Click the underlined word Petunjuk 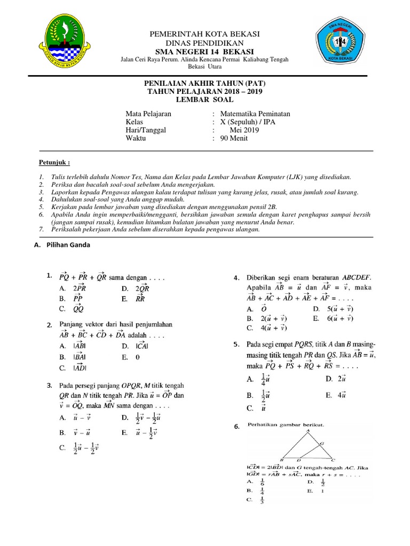pyautogui.click(x=54, y=162)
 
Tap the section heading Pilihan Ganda pyautogui.click(x=67, y=245)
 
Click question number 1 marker pyautogui.click(x=49, y=276)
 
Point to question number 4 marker pyautogui.click(x=236, y=278)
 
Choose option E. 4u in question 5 pyautogui.click(x=336, y=395)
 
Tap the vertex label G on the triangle pyautogui.click(x=321, y=443)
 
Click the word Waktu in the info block pyautogui.click(x=136, y=138)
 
